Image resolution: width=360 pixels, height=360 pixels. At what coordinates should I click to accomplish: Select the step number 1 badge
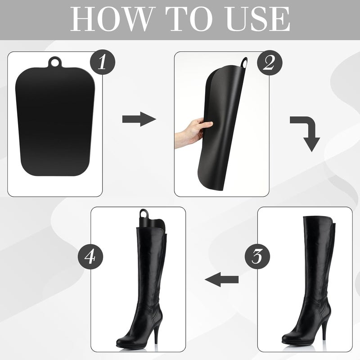[x=102, y=63]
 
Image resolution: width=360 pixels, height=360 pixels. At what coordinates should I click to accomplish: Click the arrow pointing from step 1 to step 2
[x=139, y=120]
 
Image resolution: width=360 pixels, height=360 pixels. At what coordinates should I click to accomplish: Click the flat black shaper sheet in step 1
[x=55, y=121]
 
